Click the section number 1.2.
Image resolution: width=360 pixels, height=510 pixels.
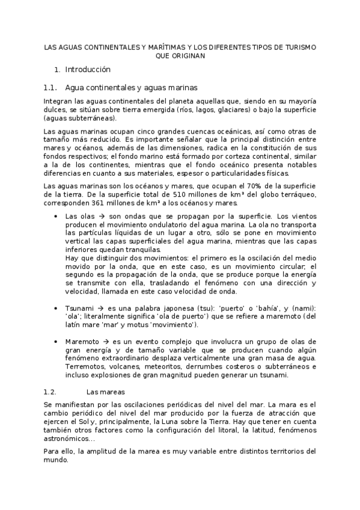(x=50, y=391)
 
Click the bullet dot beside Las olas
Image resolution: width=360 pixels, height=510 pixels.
(x=56, y=216)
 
